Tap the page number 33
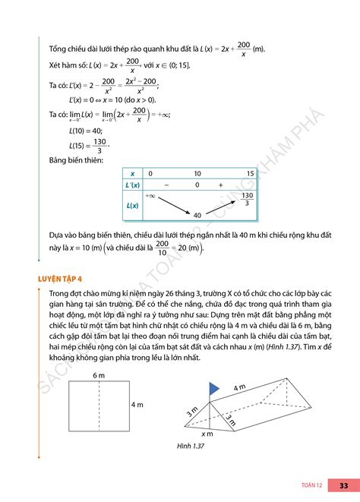[x=343, y=485]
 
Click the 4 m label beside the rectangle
[x=137, y=405]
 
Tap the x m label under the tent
[x=207, y=434]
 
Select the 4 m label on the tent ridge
[x=240, y=388]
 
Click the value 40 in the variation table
[x=197, y=216]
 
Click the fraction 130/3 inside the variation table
[x=247, y=199]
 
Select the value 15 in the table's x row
[x=250, y=174]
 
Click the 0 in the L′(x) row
[x=197, y=185]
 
